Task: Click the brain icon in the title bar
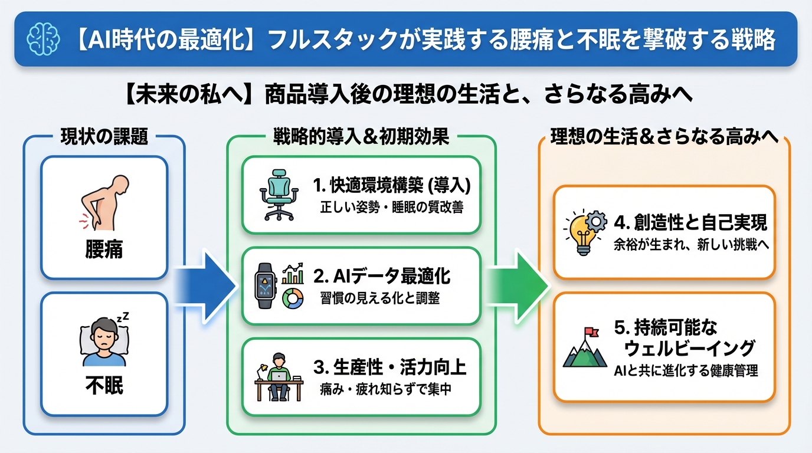42,40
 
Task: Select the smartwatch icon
265,286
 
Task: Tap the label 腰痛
104,250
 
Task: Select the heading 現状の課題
104,137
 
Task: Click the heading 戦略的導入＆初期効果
361,137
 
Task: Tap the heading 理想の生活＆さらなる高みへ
664,137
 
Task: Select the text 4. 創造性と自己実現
690,222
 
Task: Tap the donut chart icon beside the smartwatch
293,298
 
